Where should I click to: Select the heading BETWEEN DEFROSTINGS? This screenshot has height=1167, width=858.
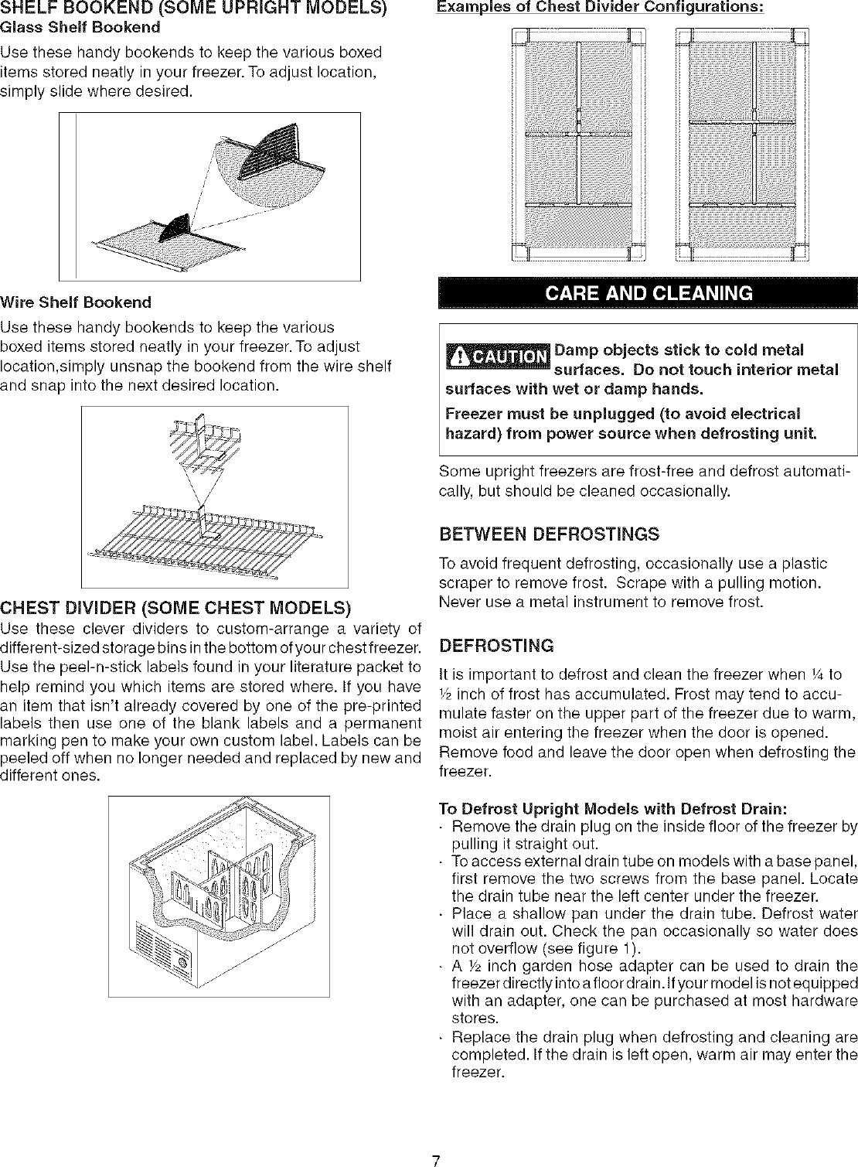549,534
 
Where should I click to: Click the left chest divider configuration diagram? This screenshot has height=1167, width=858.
578,145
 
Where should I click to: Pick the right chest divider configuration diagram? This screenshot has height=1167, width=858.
743,145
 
